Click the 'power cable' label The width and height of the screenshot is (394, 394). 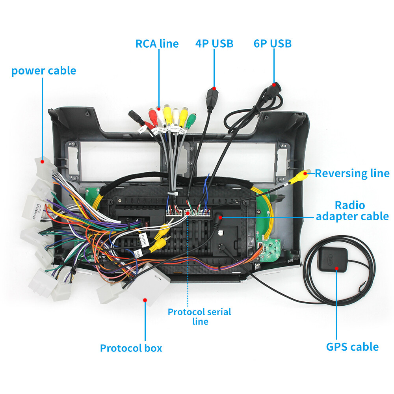pos(43,71)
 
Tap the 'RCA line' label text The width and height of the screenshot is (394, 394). pos(157,43)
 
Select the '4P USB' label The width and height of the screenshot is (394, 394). pos(214,43)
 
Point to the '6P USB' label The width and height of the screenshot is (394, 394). pos(273,43)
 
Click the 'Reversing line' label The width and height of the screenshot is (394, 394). pos(352,173)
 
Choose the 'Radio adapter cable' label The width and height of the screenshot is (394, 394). pos(352,211)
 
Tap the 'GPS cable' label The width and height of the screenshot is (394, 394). pos(352,347)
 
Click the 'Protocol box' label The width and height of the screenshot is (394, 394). pos(131,348)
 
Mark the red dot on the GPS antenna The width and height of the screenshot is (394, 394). pos(336,268)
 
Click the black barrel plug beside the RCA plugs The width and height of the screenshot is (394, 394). pos(136,117)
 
